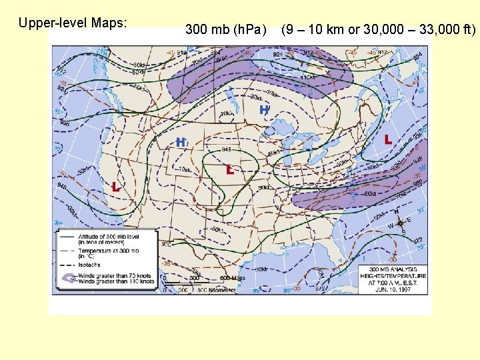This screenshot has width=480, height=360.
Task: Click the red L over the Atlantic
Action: point(388,140)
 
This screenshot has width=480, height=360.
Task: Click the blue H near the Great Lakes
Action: point(265,109)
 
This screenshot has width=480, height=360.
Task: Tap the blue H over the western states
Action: point(181,142)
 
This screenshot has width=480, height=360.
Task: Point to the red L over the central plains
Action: point(230,170)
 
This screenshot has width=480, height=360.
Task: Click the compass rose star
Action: point(400,223)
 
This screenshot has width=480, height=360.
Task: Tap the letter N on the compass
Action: point(397,212)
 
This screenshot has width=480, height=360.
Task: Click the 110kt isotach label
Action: point(307,78)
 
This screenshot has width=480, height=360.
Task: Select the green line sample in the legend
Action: point(66,235)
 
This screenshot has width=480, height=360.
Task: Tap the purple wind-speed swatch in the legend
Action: point(66,278)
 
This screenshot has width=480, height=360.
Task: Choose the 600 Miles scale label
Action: point(233,278)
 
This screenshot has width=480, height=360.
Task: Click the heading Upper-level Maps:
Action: point(73,23)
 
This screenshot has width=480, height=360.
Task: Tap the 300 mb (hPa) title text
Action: point(225,29)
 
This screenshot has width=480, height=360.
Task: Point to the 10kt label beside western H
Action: point(184,170)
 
